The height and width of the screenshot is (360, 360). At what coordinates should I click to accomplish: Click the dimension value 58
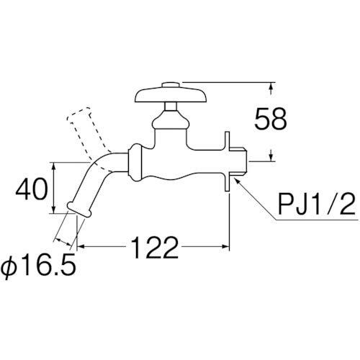[271, 119]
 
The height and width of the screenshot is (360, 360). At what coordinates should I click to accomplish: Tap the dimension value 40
[32, 189]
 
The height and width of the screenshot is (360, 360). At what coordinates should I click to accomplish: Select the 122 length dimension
[156, 247]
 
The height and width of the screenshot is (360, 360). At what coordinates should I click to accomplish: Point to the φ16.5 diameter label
[39, 269]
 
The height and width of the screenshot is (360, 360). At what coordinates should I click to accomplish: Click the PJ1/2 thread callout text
[316, 204]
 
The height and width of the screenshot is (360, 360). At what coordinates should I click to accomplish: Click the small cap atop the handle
[171, 85]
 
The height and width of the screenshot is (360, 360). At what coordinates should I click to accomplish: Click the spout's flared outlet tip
[79, 210]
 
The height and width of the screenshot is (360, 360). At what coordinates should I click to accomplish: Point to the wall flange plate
[228, 161]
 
